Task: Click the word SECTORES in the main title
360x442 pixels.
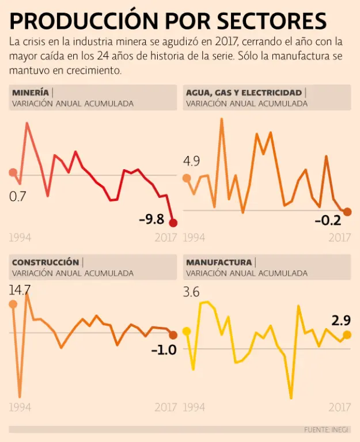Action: click(271, 21)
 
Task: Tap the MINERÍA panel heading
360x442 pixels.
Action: click(30, 93)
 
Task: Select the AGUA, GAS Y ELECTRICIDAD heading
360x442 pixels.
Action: click(244, 93)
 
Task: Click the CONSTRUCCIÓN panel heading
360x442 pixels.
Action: click(46, 262)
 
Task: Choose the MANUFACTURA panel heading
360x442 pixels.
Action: click(219, 262)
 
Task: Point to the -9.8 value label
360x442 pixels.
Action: click(151, 219)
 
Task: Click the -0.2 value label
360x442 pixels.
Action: click(327, 220)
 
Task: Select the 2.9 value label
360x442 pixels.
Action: click(341, 320)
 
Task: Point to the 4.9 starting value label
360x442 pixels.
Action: click(192, 161)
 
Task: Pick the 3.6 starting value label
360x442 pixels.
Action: click(192, 292)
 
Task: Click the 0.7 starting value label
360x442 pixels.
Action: click(18, 197)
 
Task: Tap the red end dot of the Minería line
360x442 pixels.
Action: click(173, 223)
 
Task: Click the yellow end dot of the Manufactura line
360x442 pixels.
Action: click(347, 335)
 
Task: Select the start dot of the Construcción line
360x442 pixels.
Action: click(13, 304)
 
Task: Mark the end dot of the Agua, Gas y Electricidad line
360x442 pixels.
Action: click(347, 212)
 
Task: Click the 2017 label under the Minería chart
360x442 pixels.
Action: click(165, 237)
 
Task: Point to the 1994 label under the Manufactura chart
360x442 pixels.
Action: click(195, 407)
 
